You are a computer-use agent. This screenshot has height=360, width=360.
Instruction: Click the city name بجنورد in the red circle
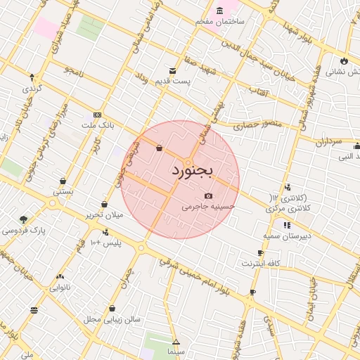(191, 170)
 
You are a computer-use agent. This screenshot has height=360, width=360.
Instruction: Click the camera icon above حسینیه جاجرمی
(208, 195)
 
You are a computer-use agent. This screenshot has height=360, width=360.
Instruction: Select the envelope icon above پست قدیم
(173, 70)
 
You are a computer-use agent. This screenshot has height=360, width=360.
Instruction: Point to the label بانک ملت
(98, 125)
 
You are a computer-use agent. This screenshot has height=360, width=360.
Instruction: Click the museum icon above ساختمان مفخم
(220, 11)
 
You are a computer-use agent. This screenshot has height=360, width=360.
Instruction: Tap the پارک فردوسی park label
(23, 230)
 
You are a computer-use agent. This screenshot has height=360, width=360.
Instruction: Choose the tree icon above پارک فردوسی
(24, 219)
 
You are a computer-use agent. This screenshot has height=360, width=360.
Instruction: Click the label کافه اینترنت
(261, 263)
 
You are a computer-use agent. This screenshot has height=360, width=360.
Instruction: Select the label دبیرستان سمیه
(287, 236)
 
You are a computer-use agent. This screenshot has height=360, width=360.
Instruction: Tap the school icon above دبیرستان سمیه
(287, 225)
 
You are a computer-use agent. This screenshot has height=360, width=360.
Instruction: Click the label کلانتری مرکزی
(288, 210)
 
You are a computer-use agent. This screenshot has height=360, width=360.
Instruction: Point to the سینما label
(176, 350)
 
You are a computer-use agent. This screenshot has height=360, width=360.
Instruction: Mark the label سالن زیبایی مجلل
(112, 319)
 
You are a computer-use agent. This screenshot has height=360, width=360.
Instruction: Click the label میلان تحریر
(103, 214)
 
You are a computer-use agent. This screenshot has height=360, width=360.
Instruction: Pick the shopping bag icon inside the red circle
(159, 148)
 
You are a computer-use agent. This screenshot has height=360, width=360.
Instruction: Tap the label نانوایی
(60, 288)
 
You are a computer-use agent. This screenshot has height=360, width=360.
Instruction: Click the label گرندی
(32, 89)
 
